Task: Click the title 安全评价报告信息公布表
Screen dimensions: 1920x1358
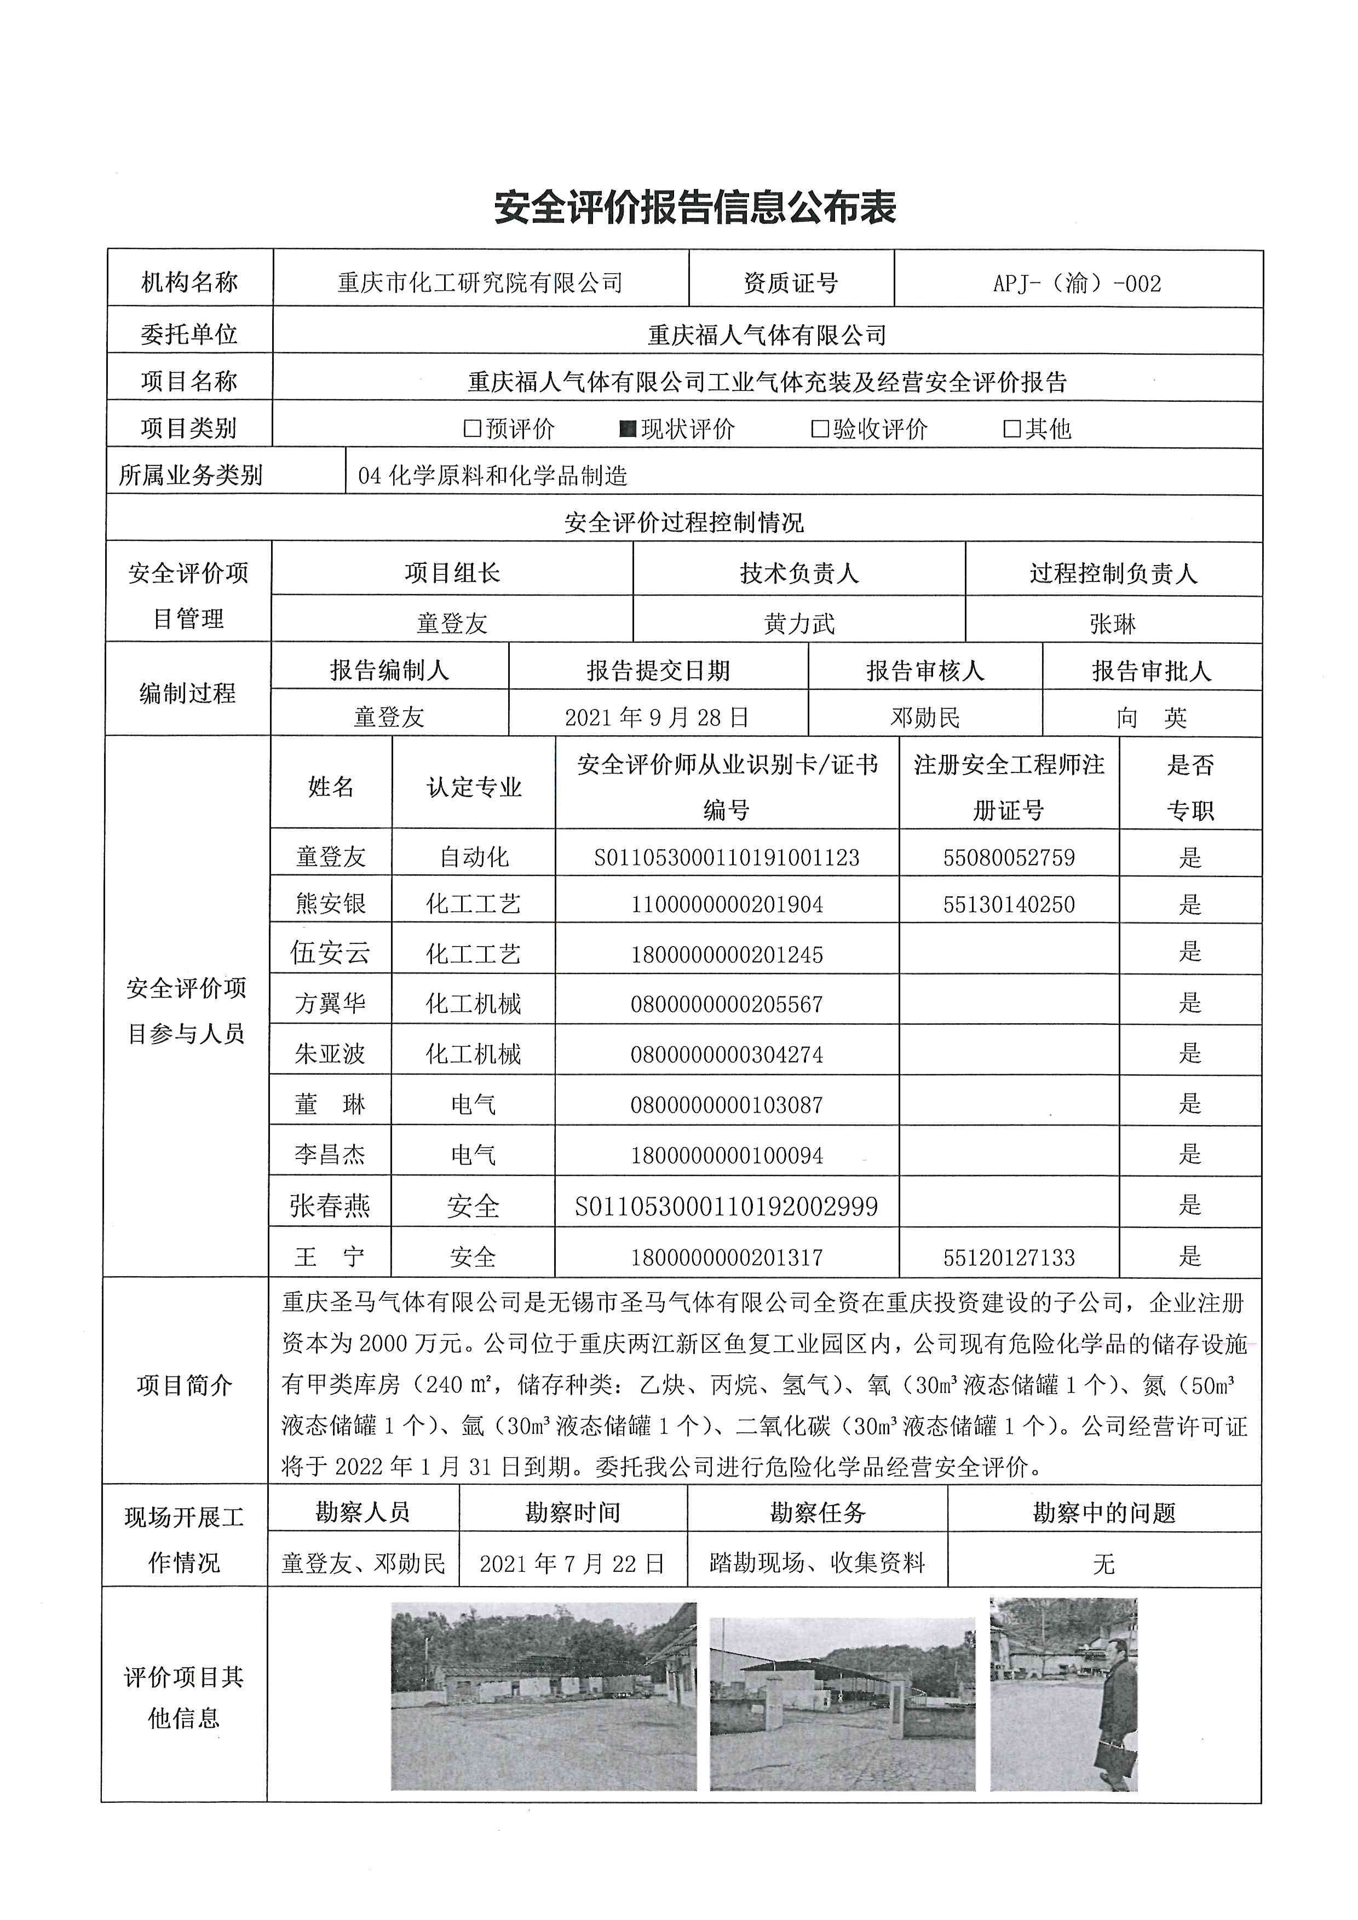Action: pyautogui.click(x=695, y=207)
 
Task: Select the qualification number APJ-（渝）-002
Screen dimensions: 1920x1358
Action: pyautogui.click(x=1077, y=284)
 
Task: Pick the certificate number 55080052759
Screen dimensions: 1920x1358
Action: pyautogui.click(x=1009, y=857)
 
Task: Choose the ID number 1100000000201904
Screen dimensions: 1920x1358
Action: pyautogui.click(x=727, y=904)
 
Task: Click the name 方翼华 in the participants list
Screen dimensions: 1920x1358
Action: pyautogui.click(x=330, y=1002)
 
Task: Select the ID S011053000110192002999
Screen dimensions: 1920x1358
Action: pyautogui.click(x=727, y=1206)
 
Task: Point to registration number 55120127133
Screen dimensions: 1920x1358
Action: pyautogui.click(x=1009, y=1257)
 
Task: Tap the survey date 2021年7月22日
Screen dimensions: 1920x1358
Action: pyautogui.click(x=573, y=1563)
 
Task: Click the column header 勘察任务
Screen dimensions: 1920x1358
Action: pyautogui.click(x=817, y=1513)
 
